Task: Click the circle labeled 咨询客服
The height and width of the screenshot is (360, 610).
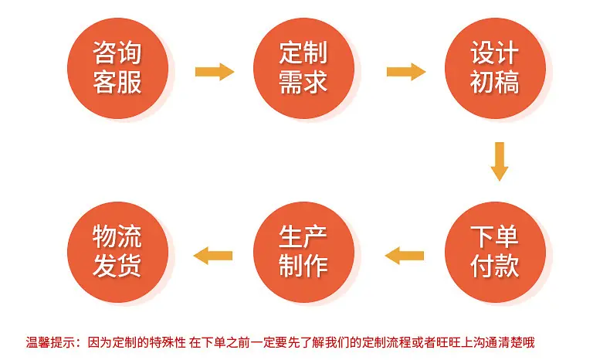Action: (x=118, y=68)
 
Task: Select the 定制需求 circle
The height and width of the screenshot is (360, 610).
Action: (x=303, y=68)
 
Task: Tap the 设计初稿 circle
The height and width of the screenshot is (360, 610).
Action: (x=495, y=68)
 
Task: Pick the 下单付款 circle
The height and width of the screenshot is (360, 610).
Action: (x=495, y=252)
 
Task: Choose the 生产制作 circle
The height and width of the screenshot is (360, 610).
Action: (x=303, y=252)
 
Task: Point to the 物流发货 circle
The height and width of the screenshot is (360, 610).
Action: (x=118, y=252)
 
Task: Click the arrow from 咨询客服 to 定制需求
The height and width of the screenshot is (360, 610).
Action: (x=215, y=72)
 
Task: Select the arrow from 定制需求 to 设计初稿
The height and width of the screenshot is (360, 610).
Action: (x=405, y=72)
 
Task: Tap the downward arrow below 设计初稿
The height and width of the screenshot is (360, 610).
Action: (x=500, y=161)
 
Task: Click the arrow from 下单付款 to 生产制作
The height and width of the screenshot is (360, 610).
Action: (x=405, y=256)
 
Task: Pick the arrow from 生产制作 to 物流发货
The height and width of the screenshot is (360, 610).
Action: (x=213, y=256)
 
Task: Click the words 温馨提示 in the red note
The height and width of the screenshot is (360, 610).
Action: (x=50, y=342)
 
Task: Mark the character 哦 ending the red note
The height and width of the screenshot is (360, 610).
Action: (x=529, y=342)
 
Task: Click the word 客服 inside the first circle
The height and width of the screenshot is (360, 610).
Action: (x=117, y=82)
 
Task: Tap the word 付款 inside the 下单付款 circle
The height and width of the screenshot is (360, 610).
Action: (x=495, y=267)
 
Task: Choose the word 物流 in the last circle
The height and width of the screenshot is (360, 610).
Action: (x=117, y=236)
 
